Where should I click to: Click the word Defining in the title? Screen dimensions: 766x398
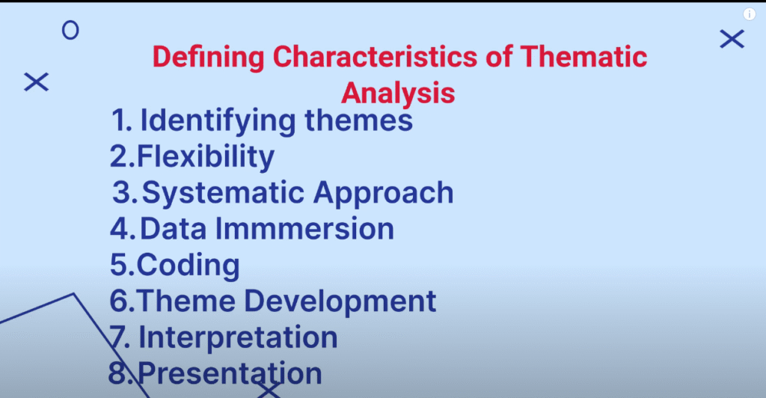(x=209, y=58)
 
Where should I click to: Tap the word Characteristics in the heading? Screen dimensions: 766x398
(x=375, y=56)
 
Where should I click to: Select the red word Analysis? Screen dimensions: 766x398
(x=398, y=94)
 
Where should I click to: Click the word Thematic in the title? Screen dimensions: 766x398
(x=583, y=56)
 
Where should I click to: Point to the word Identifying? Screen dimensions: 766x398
(x=218, y=121)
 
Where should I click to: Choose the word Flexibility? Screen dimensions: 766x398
(x=206, y=157)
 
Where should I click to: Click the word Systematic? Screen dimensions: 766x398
(x=223, y=193)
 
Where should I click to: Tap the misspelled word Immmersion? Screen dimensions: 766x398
(x=304, y=228)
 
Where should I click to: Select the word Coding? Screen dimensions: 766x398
(x=188, y=266)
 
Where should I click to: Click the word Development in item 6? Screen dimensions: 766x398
(x=340, y=301)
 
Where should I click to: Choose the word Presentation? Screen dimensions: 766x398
(x=230, y=373)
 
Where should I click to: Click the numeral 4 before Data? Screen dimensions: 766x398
(x=120, y=229)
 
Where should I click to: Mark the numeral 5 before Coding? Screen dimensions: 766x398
(x=119, y=265)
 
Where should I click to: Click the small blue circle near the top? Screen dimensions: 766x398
(x=70, y=30)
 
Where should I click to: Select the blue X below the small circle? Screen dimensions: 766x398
(x=36, y=82)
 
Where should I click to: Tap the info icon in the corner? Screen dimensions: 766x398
(x=750, y=14)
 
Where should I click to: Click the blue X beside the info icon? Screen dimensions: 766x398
(x=732, y=39)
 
